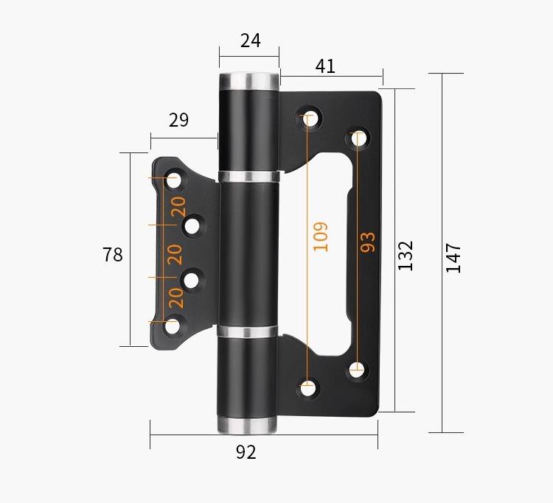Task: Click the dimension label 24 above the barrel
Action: pos(251,41)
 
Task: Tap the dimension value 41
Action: pos(325,66)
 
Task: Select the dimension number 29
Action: pos(179,120)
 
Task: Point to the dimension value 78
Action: pos(113,255)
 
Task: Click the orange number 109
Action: pos(321,236)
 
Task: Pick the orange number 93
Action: pos(367,242)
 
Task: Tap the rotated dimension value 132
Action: pos(406,255)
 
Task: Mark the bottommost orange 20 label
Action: pos(177,298)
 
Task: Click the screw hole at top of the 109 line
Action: pos(309,117)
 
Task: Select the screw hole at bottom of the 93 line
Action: pos(357,370)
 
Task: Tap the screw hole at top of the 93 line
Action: pos(359,137)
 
